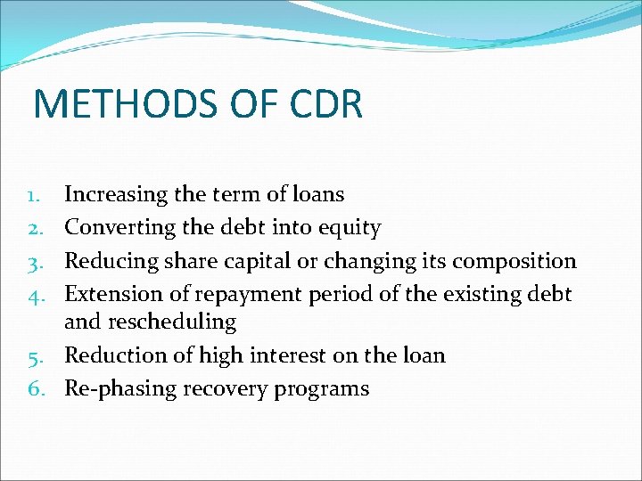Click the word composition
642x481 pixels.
tap(514, 262)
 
